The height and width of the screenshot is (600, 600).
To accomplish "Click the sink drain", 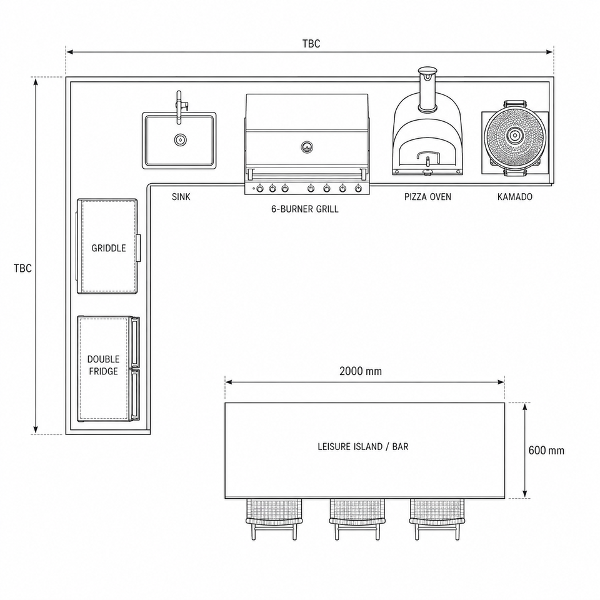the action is (181, 140).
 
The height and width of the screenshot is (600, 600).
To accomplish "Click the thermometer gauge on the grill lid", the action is (307, 147).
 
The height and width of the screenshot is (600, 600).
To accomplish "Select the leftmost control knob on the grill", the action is (260, 188).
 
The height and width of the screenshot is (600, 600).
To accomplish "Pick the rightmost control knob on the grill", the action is (358, 188).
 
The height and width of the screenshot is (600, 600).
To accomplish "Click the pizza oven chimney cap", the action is (427, 71).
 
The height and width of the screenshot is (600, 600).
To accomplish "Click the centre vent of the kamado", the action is (514, 135).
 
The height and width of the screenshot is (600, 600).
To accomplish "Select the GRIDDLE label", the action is (109, 248).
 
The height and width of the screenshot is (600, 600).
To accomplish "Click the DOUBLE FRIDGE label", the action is (103, 365).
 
